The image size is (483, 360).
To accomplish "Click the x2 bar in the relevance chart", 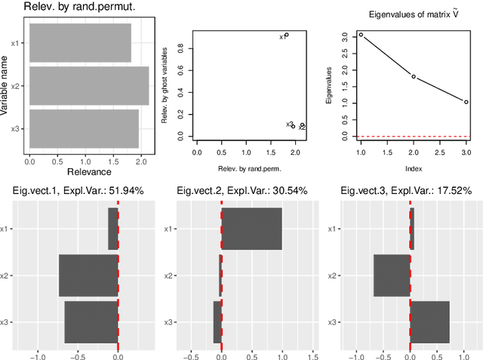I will pyautogui.click(x=89, y=86).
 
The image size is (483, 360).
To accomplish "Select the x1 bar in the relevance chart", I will pyautogui.click(x=80, y=43).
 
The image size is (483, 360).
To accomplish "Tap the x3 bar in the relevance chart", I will pyautogui.click(x=84, y=129).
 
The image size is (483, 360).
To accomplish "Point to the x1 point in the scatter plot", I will pyautogui.click(x=286, y=35).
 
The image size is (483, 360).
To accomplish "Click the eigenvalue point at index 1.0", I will pyautogui.click(x=361, y=35).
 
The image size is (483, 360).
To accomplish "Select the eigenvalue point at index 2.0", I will pyautogui.click(x=414, y=76).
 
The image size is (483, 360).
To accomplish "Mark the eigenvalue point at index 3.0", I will pyautogui.click(x=466, y=102).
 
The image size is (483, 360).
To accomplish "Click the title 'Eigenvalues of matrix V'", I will pyautogui.click(x=413, y=14).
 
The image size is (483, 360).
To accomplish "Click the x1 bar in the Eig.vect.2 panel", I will pyautogui.click(x=251, y=229).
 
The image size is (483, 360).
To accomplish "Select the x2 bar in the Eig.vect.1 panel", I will pyautogui.click(x=88, y=275).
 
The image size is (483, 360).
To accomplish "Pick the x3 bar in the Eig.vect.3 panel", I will pyautogui.click(x=429, y=322).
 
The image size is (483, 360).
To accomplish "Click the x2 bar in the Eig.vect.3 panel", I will pyautogui.click(x=392, y=275).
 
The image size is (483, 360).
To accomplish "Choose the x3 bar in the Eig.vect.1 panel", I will pyautogui.click(x=91, y=322).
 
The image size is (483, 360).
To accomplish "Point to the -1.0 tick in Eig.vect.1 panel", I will pyautogui.click(x=37, y=357).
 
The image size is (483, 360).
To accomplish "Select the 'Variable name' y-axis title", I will pyautogui.click(x=6, y=86).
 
